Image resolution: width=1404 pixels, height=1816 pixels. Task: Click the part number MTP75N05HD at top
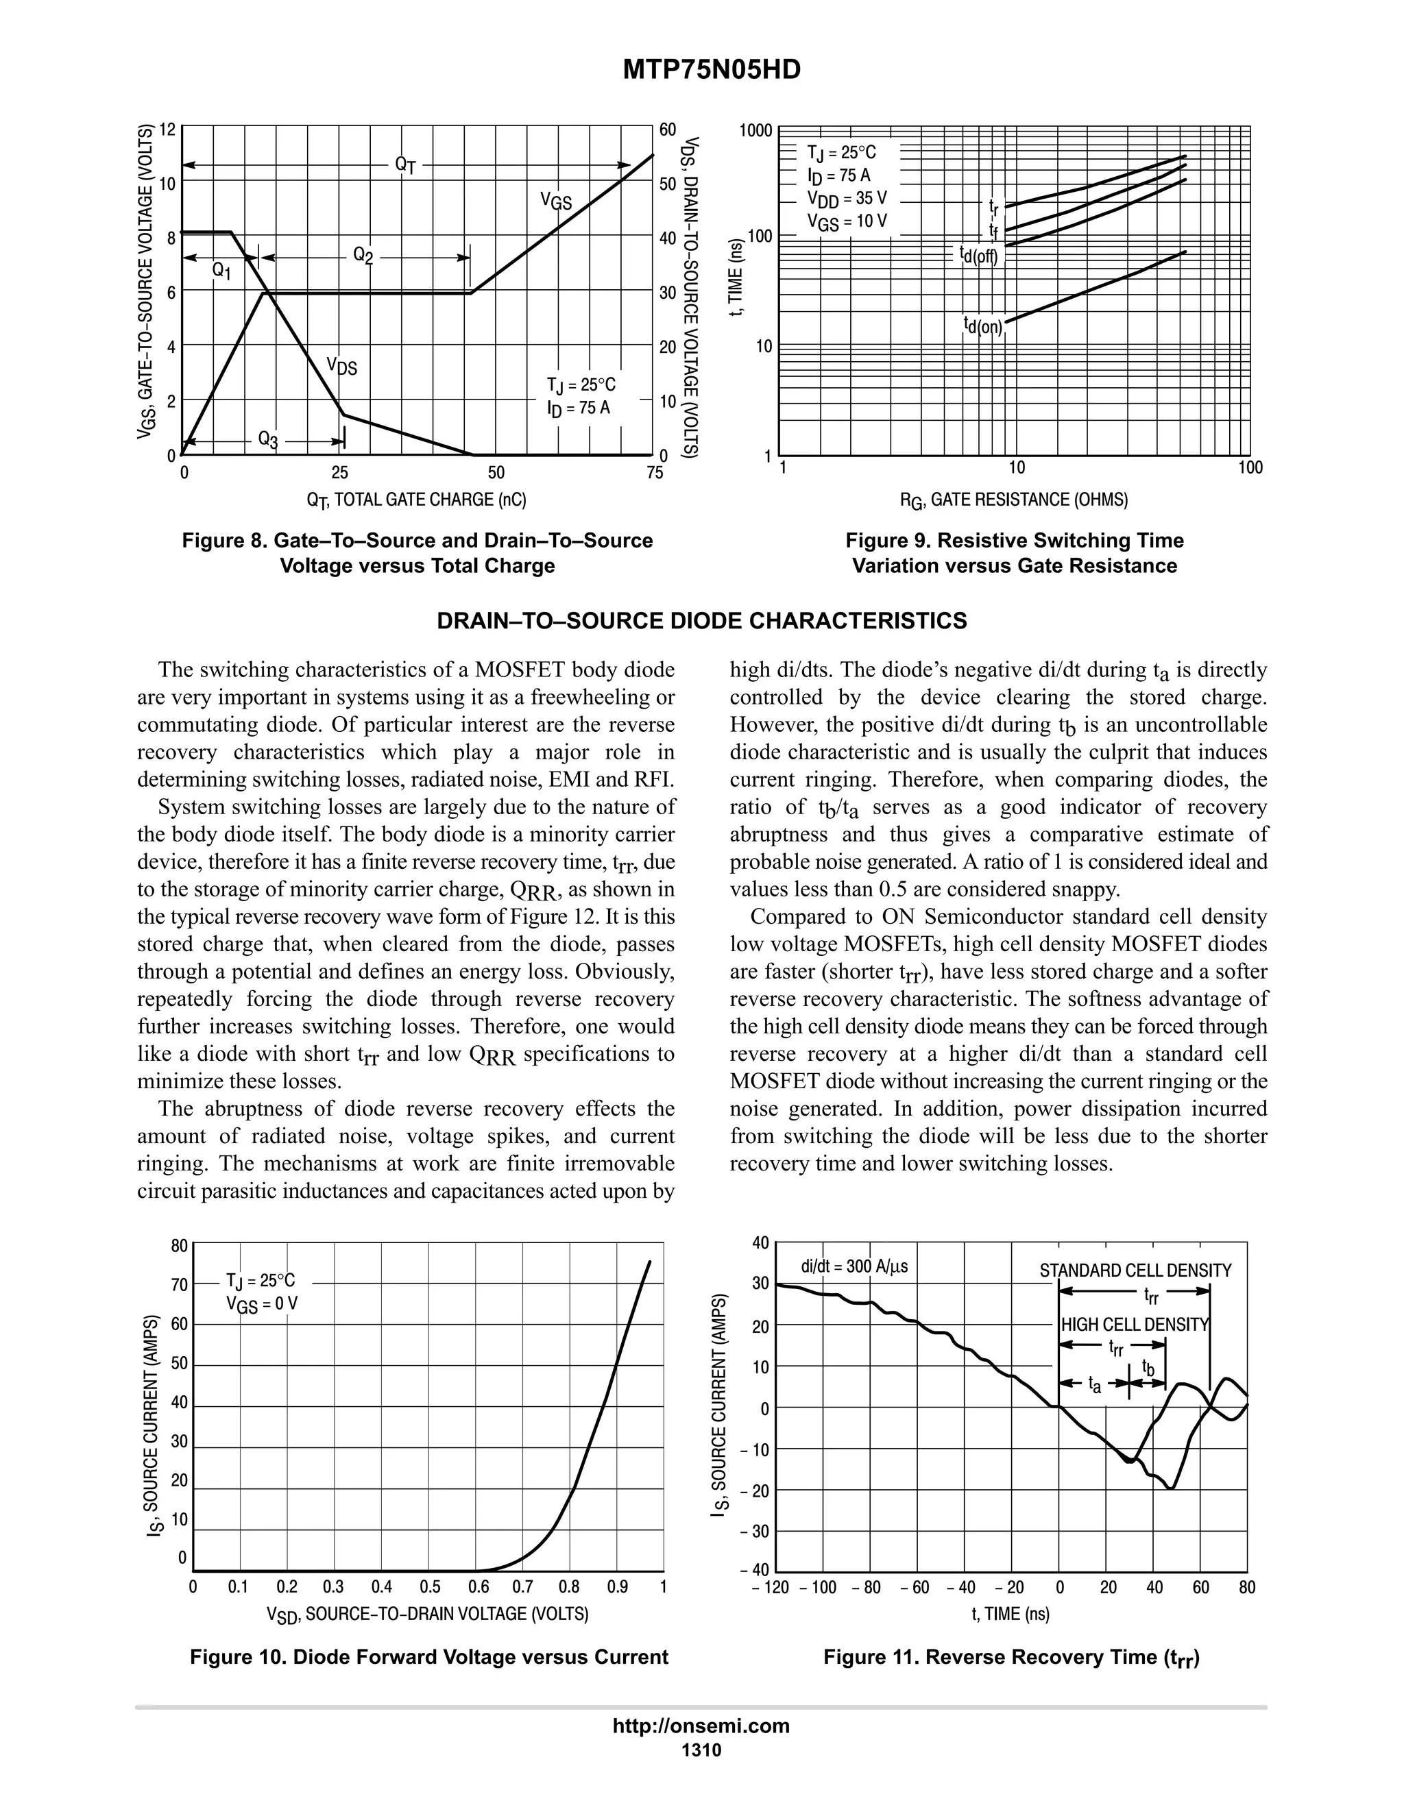click(711, 70)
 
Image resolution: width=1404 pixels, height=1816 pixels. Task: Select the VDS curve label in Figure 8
click(342, 365)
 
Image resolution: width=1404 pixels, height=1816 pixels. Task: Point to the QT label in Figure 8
click(405, 164)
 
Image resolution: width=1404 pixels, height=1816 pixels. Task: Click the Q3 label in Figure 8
click(268, 439)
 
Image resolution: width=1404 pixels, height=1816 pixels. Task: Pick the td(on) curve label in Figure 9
click(983, 325)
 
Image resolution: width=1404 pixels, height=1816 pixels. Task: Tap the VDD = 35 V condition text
click(847, 199)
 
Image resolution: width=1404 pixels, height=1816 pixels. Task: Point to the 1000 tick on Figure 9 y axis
click(756, 130)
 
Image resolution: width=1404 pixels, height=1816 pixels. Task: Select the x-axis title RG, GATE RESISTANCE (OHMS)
click(1014, 500)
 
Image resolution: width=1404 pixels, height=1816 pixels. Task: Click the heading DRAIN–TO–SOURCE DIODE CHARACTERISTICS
click(702, 621)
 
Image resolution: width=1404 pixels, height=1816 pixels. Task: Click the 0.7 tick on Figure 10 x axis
click(522, 1586)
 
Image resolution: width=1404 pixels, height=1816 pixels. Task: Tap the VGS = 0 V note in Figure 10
click(262, 1304)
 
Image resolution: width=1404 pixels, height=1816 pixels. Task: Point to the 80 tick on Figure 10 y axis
click(180, 1246)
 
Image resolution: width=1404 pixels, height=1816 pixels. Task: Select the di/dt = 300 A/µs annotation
click(854, 1267)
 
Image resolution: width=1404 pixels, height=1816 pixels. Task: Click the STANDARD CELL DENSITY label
click(1135, 1271)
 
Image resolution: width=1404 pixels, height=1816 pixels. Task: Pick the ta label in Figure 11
click(1096, 1384)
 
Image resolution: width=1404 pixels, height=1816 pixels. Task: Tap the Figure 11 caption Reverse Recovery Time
click(1011, 1656)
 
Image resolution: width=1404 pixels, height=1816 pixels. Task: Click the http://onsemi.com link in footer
click(701, 1726)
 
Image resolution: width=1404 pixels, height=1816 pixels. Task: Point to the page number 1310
click(701, 1750)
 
